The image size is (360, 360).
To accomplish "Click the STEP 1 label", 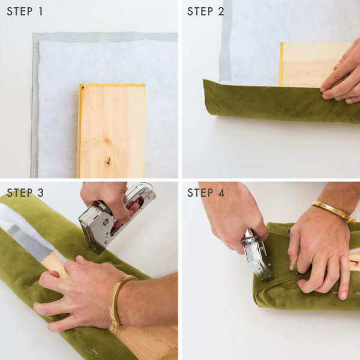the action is click(x=25, y=11).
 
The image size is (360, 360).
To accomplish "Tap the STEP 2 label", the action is click(x=205, y=11).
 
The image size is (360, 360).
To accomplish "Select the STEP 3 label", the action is click(x=25, y=193).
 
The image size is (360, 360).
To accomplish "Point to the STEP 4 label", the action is click(x=206, y=193).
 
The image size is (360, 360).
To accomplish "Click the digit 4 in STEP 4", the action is click(x=221, y=193).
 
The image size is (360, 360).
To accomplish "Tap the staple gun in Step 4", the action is click(x=257, y=255).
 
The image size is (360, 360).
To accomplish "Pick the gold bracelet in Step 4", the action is click(x=333, y=209).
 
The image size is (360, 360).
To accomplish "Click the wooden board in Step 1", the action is click(x=112, y=131).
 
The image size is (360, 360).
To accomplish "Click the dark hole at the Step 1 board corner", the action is click(x=83, y=88).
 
